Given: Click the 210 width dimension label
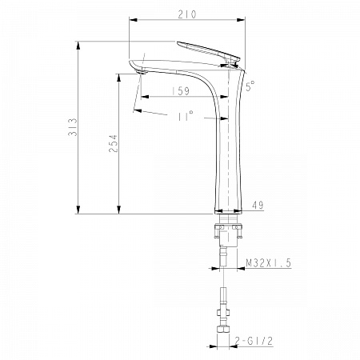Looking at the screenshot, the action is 187,14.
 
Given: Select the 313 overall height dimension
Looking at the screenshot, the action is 73,127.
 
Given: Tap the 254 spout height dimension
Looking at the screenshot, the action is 113,143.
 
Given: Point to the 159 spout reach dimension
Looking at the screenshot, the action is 181,91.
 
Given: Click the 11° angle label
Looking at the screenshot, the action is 186,116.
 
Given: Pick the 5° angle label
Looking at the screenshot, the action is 250,86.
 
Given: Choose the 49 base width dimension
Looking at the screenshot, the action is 258,205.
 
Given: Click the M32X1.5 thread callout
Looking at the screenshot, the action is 268,263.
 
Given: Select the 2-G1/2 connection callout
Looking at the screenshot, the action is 254,341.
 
